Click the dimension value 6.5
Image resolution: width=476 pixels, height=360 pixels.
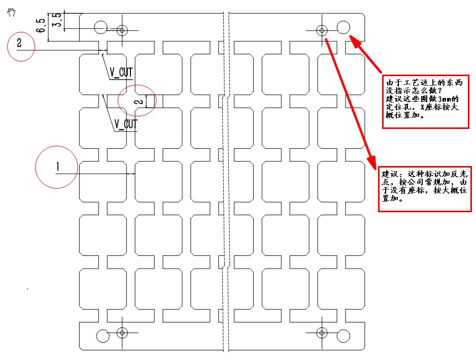tap(41, 24)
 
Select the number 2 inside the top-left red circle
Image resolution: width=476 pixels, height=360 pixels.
tap(19, 44)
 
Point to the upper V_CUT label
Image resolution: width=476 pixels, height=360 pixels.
tap(121, 73)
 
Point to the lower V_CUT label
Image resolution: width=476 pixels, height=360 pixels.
tap(125, 123)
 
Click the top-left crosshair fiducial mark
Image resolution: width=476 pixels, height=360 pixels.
tap(121, 30)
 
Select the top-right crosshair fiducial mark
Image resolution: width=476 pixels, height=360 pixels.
tap(322, 30)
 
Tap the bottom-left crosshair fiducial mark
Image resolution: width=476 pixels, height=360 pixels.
tap(121, 333)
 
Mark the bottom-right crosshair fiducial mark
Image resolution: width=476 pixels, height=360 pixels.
tap(321, 333)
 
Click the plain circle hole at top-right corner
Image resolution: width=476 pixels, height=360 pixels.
tap(343, 27)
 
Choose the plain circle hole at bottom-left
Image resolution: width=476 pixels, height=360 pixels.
tap(103, 336)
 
